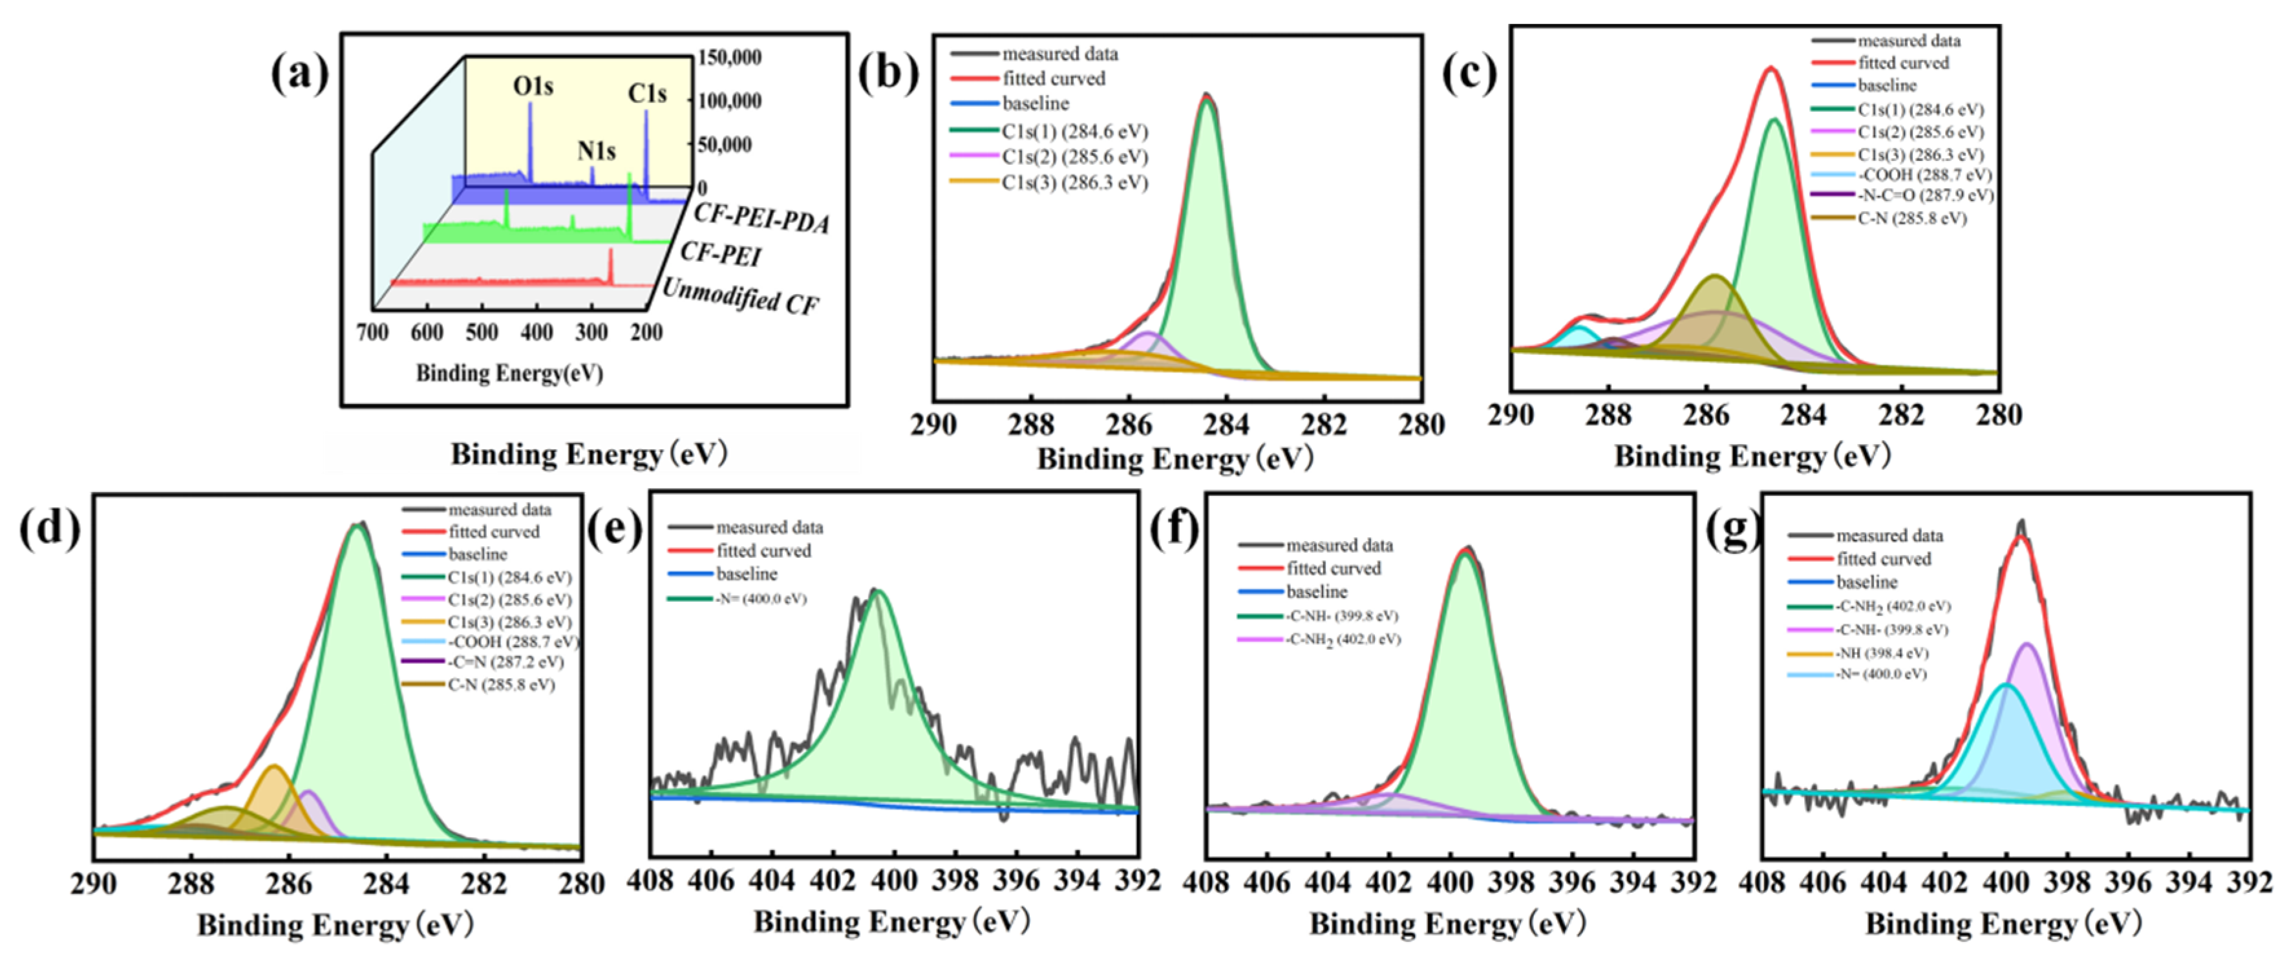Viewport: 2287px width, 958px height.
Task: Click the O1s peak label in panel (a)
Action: pos(533,86)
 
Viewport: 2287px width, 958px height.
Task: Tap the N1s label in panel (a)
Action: pos(596,151)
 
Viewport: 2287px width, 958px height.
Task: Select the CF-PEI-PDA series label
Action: pos(761,217)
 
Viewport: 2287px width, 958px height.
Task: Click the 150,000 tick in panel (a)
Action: pos(729,58)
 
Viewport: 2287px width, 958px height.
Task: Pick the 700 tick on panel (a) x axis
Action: pos(372,332)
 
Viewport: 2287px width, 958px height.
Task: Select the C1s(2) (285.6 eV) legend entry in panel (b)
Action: pos(1074,157)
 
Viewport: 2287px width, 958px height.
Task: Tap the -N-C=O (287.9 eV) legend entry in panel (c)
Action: pos(1925,195)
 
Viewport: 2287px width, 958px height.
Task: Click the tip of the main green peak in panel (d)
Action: pos(357,526)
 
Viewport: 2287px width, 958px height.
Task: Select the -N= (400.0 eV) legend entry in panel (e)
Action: pos(761,599)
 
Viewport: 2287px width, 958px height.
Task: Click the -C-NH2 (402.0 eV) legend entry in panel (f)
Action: pos(1343,639)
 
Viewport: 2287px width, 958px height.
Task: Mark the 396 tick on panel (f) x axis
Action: pos(1572,882)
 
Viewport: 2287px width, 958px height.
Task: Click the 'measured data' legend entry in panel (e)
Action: pos(769,527)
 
